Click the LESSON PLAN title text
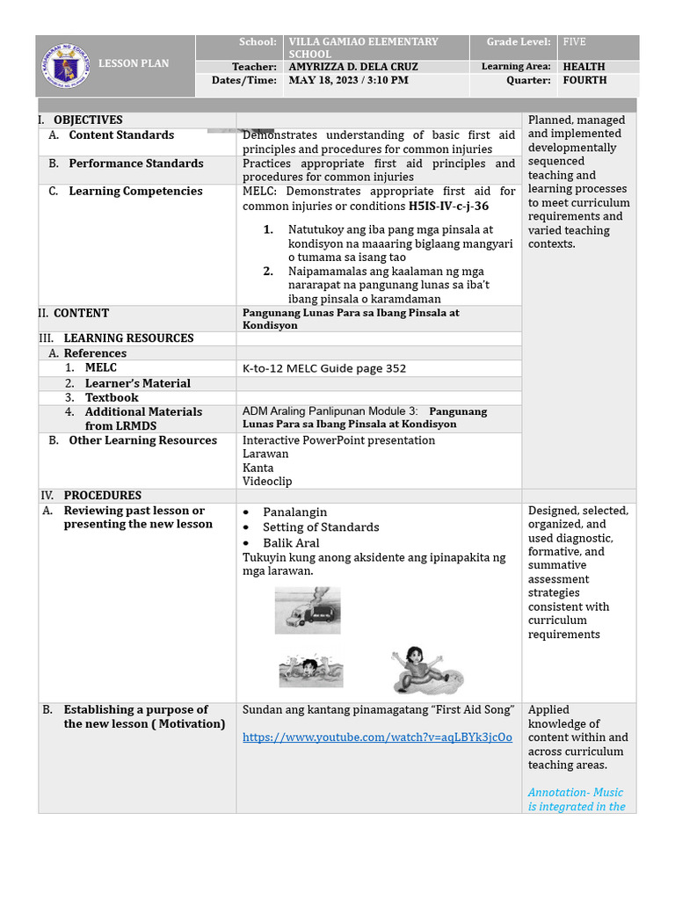point(133,63)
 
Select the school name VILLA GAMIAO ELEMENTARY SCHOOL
point(363,47)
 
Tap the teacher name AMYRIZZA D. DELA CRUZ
point(353,67)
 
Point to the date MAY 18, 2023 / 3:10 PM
point(348,81)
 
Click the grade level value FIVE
point(574,42)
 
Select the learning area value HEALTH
point(584,67)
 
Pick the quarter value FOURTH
point(584,81)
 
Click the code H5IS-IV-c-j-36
point(448,207)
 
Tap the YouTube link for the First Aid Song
point(377,737)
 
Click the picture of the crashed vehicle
point(307,610)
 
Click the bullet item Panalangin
point(294,512)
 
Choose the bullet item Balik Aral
point(291,543)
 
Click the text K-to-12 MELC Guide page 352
point(324,368)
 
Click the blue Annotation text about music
point(577,799)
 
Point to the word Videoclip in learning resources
point(267,482)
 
